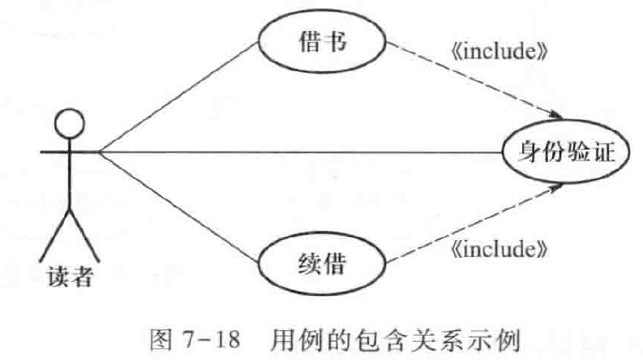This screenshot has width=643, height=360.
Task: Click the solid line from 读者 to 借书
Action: (178, 97)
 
